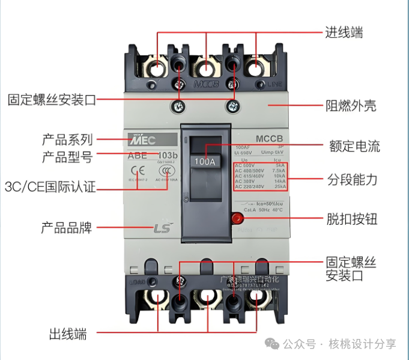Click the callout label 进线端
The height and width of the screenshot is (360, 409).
tap(344, 32)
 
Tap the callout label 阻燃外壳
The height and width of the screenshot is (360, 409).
tap(351, 106)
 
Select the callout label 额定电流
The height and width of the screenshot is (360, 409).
tap(354, 146)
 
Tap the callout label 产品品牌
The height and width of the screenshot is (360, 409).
tap(66, 228)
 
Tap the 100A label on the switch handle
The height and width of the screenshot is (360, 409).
tap(205, 161)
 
